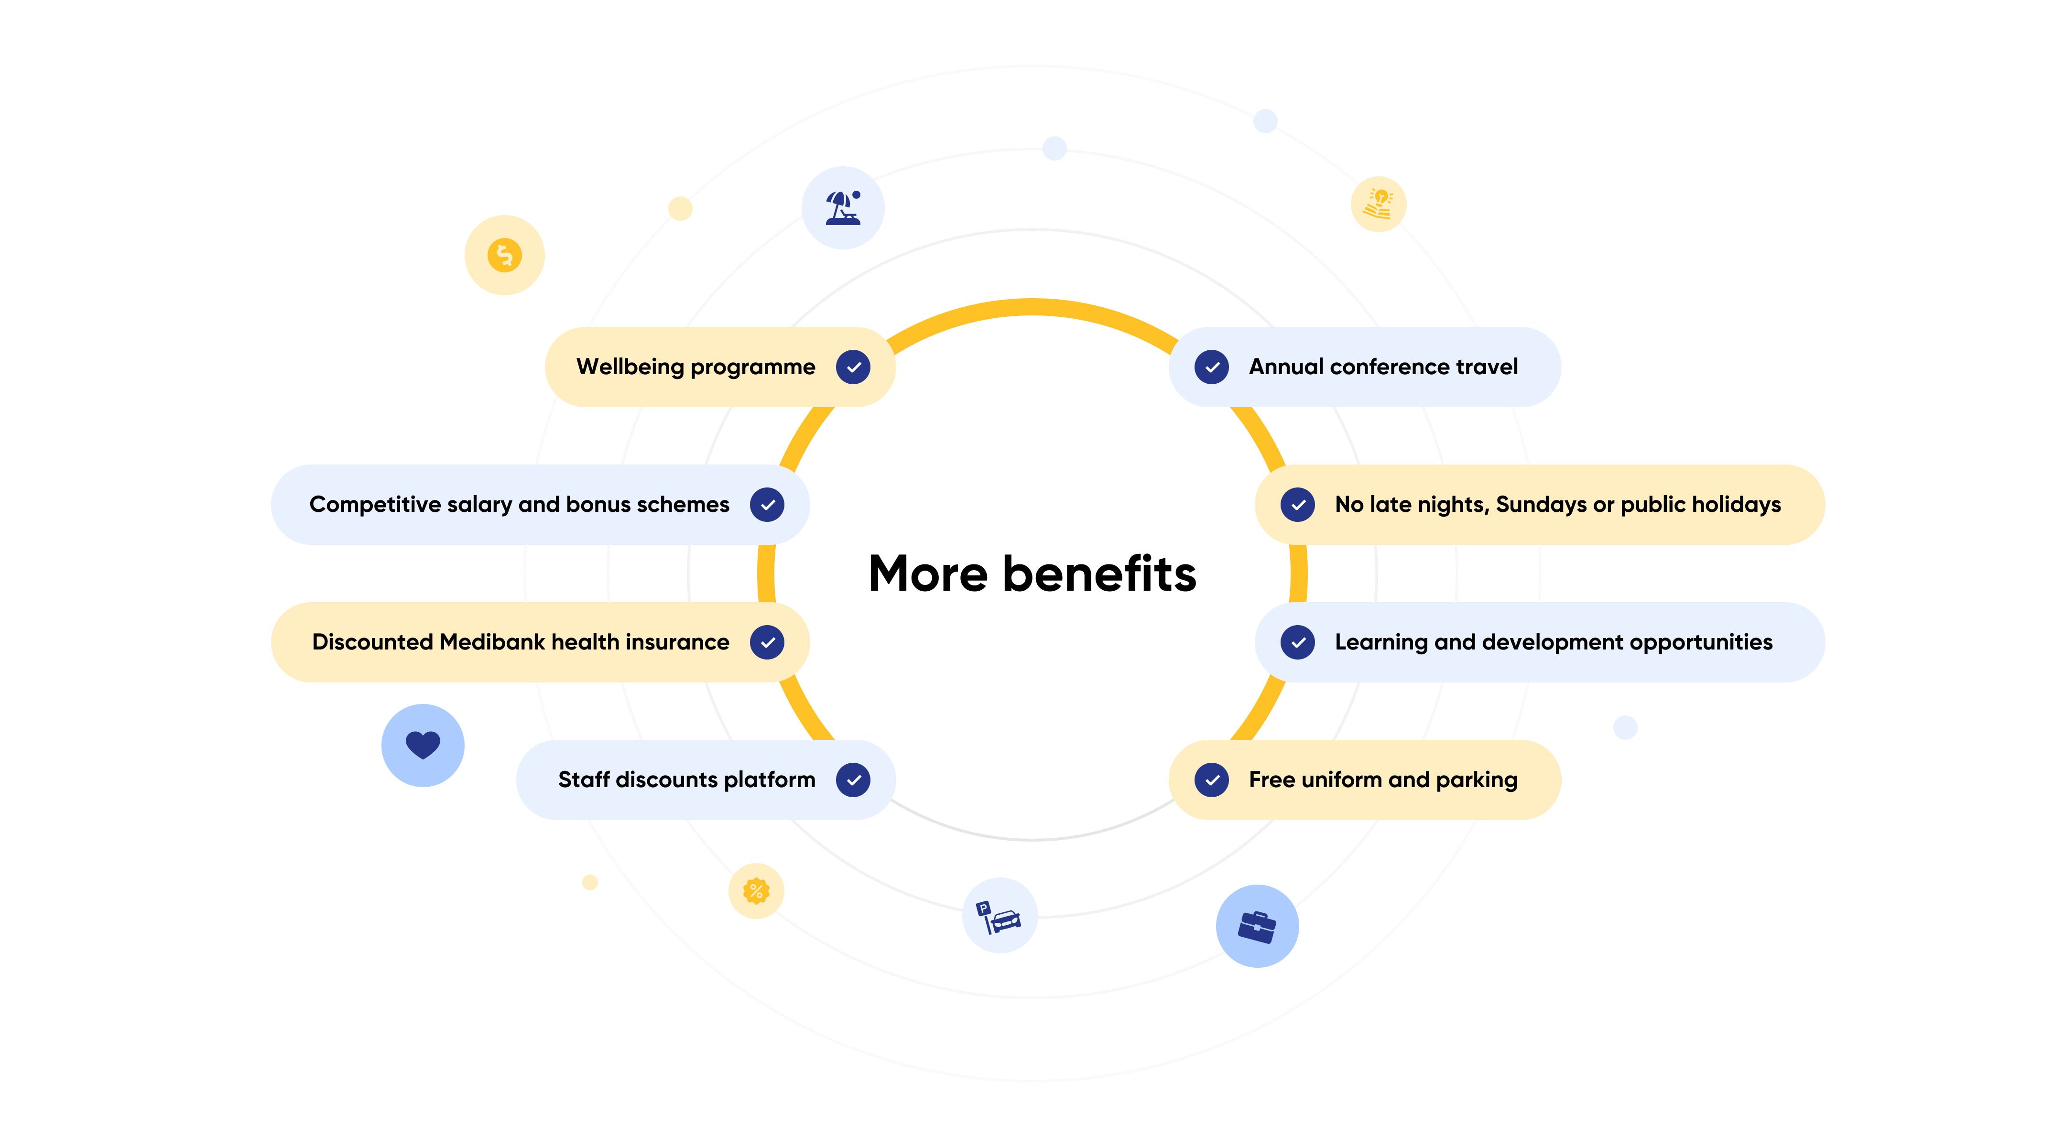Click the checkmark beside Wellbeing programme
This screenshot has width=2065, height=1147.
(853, 367)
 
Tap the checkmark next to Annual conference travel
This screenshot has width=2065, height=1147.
(1211, 367)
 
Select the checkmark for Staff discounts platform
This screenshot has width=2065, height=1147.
(853, 780)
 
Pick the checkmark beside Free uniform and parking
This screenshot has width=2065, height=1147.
(1211, 780)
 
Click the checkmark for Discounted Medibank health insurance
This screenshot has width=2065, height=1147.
(767, 642)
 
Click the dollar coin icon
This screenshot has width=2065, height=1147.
(504, 255)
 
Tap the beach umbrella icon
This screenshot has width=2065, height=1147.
(843, 207)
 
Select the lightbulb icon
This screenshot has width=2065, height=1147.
(1379, 205)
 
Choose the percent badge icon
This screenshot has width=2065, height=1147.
(756, 890)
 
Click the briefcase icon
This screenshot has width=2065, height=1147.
(1257, 927)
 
